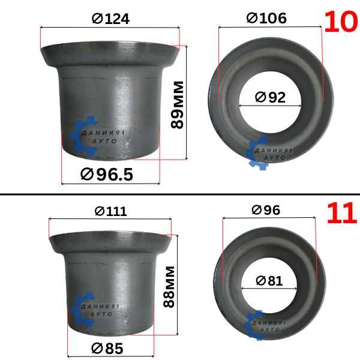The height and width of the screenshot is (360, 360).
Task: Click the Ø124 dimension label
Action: coord(110,19)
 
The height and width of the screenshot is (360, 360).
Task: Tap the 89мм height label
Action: coord(177,105)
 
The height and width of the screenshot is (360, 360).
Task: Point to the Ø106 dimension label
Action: coord(266,18)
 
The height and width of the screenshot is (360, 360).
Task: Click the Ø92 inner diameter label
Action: coord(270,97)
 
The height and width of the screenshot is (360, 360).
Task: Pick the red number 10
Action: coord(341,22)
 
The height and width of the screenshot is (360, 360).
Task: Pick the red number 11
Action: coord(342,214)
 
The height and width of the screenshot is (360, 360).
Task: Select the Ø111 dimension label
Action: coord(110,211)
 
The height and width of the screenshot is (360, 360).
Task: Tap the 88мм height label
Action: coord(169,287)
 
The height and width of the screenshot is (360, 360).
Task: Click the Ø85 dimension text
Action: coord(107,349)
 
